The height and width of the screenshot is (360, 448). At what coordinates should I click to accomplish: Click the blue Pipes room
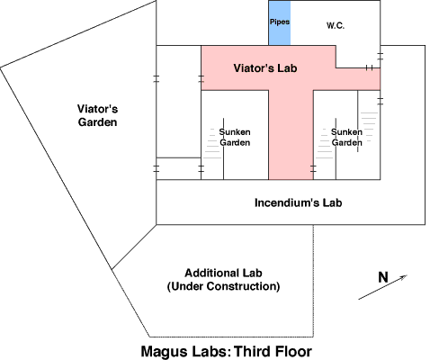(280, 23)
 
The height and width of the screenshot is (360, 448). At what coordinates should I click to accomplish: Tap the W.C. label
(336, 25)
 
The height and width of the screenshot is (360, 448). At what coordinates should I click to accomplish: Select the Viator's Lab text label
(265, 68)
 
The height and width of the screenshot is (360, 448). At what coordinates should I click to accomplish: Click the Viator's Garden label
(97, 115)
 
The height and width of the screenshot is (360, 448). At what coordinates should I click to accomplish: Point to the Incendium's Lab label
(299, 202)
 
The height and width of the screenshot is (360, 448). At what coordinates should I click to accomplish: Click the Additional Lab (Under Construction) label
(223, 280)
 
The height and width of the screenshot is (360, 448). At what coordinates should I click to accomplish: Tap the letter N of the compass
(383, 277)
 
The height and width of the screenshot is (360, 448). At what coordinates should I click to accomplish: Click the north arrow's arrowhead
(404, 277)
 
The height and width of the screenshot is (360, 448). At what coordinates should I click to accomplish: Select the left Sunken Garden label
(235, 137)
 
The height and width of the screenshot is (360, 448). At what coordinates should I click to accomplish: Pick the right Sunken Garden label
(346, 137)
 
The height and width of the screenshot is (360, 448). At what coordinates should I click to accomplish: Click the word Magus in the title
(162, 351)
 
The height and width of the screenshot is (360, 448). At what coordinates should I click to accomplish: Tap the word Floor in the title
(293, 351)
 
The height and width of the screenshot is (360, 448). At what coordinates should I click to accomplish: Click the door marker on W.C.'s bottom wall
(370, 68)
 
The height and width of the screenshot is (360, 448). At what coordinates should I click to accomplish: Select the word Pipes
(280, 22)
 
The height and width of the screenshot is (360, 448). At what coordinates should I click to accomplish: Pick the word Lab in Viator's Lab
(287, 68)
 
